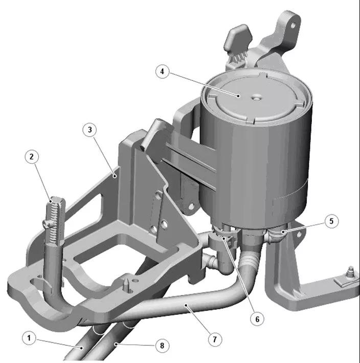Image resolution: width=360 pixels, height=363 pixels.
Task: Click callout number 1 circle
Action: point(29,338)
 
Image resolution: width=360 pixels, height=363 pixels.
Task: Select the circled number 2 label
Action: point(32,157)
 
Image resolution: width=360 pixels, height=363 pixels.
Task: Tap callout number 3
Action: point(89,130)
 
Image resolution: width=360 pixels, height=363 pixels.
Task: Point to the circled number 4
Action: point(162,71)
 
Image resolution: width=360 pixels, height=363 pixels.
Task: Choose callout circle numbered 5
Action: point(331,221)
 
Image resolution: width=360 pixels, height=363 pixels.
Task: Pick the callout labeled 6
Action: point(257,319)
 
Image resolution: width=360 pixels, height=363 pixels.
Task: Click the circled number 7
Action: point(215,339)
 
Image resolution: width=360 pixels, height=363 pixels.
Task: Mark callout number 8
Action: point(162,346)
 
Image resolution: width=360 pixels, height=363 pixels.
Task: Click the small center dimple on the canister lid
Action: point(256,98)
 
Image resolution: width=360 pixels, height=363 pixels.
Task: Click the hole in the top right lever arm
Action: point(293,25)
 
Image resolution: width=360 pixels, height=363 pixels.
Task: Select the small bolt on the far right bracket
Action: point(351,272)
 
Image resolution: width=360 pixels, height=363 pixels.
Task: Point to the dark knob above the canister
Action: point(238,38)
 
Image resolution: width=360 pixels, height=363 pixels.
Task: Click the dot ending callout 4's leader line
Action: point(239,96)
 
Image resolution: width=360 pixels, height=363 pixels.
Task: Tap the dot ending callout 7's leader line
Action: point(186,305)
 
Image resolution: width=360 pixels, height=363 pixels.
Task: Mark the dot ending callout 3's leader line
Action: point(115,176)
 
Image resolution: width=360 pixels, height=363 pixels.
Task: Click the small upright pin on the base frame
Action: point(126,284)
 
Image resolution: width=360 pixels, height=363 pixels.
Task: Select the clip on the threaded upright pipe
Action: point(48,224)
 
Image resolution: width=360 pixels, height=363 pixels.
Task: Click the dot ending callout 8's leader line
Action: point(116,344)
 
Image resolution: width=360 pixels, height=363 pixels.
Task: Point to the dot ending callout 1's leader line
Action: point(81,348)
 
